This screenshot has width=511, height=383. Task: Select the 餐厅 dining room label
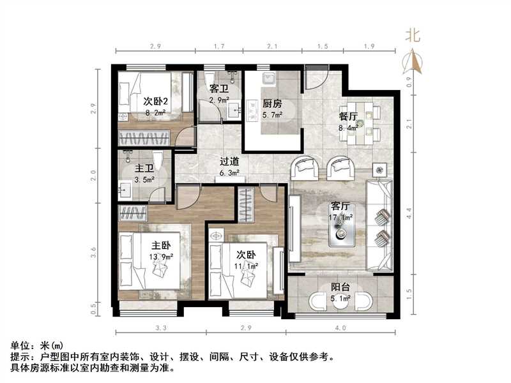pyautogui.click(x=348, y=117)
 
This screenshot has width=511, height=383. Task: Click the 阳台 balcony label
pyautogui.click(x=340, y=287)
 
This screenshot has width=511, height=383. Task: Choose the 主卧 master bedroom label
pyautogui.click(x=161, y=245)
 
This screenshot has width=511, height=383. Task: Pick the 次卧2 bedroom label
pyautogui.click(x=155, y=101)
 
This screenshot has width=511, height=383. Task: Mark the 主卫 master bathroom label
pyautogui.click(x=144, y=169)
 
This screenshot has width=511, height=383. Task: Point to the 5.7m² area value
pyautogui.click(x=273, y=115)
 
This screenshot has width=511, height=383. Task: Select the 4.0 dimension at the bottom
pyautogui.click(x=340, y=328)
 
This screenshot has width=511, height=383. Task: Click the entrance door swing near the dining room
pyautogui.click(x=315, y=79)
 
